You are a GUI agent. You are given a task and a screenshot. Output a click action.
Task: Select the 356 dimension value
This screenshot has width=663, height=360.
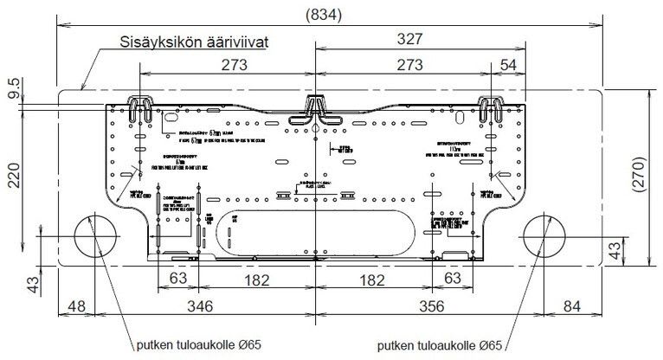click(x=430, y=306)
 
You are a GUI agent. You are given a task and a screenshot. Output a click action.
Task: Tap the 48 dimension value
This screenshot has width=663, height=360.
click(x=77, y=306)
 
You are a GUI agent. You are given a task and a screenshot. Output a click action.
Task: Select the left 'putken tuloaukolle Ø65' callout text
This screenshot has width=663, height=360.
click(x=198, y=345)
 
